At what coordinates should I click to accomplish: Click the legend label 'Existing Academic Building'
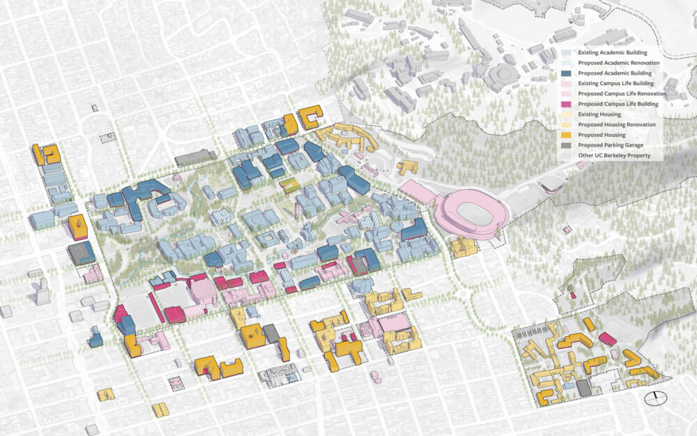tap(613, 52)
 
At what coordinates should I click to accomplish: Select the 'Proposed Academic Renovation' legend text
tap(615, 63)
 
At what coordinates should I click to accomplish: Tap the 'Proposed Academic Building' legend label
tap(613, 73)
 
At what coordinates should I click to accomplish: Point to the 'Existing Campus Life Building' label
tap(615, 83)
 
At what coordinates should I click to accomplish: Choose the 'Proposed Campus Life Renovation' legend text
tap(618, 93)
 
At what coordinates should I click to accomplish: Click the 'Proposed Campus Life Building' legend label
tap(615, 104)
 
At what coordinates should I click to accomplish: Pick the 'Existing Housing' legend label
tap(600, 114)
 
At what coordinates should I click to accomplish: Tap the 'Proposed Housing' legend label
tap(601, 135)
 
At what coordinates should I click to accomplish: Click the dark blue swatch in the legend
tap(567, 73)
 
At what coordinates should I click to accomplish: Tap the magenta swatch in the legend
tap(567, 104)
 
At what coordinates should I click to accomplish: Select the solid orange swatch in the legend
tap(567, 135)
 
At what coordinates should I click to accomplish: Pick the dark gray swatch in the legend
tap(567, 145)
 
